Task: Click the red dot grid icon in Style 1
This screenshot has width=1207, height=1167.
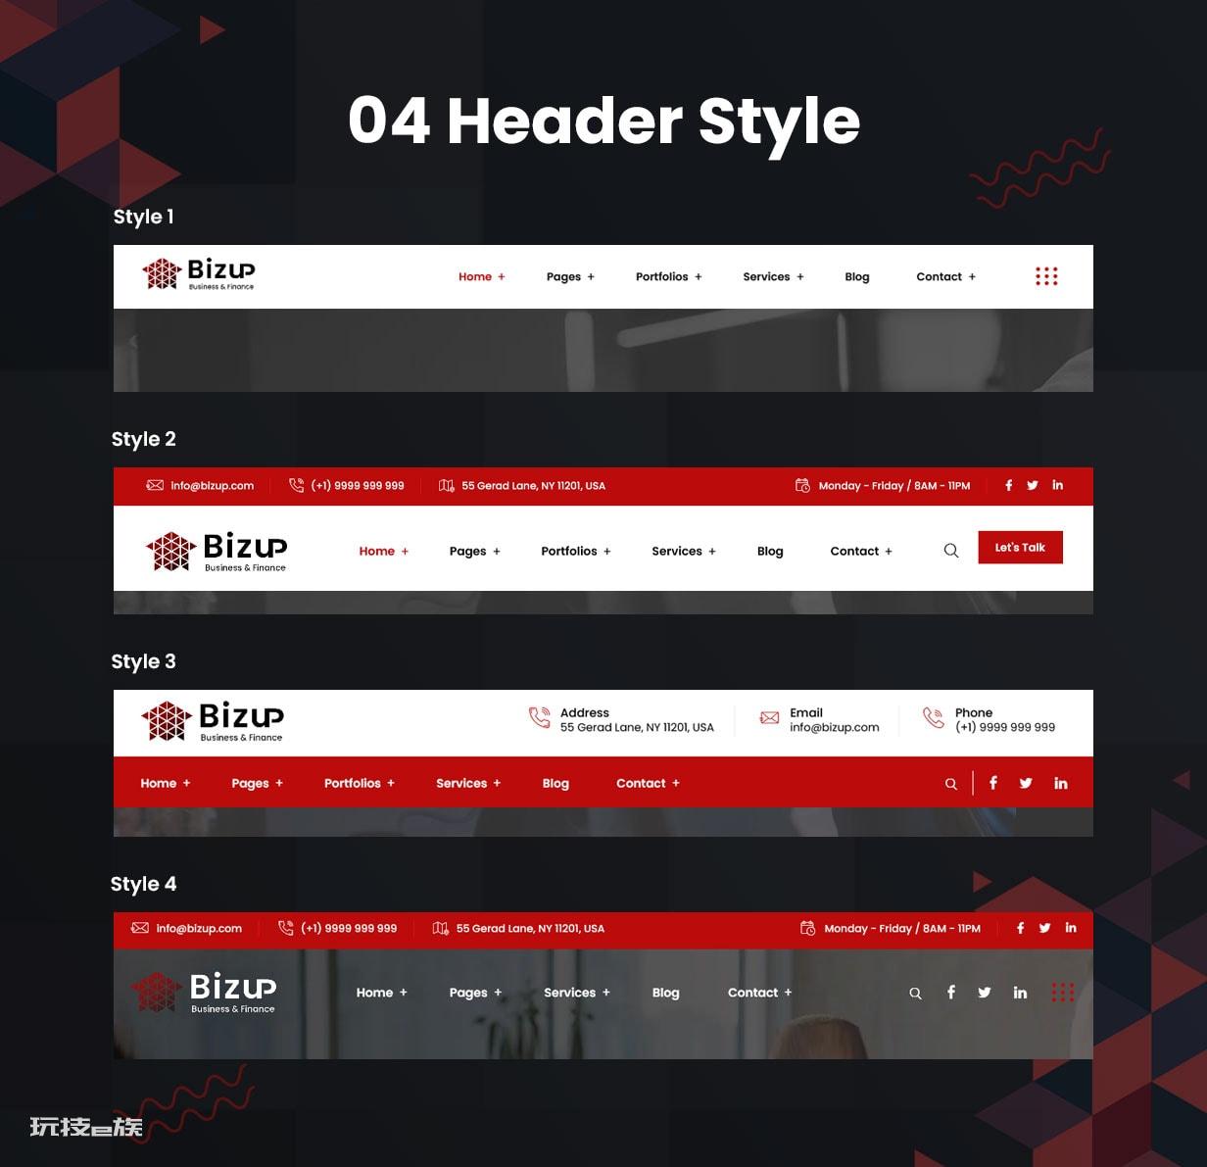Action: point(1046,276)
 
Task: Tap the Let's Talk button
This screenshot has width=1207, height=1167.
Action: point(1020,547)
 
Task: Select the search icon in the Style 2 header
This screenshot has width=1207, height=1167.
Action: point(951,551)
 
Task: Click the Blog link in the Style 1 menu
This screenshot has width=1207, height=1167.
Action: point(857,276)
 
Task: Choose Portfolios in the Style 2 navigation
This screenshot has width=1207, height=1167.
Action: point(569,551)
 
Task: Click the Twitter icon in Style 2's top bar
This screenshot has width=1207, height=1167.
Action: point(1032,485)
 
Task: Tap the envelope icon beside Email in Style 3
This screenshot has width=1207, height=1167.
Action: point(769,718)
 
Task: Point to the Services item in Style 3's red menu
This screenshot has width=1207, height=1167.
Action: point(461,783)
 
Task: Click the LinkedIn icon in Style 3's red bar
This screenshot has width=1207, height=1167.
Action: point(1061,783)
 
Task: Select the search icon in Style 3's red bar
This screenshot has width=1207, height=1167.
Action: point(951,784)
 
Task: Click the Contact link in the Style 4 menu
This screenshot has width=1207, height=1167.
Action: point(752,992)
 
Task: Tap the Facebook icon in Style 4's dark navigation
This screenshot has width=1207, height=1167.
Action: point(951,992)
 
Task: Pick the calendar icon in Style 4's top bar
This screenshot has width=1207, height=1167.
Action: point(807,928)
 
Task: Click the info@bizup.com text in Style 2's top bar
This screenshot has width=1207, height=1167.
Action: point(213,486)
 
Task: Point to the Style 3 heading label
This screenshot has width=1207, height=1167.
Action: point(143,661)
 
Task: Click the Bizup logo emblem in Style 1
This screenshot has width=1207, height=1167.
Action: point(162,273)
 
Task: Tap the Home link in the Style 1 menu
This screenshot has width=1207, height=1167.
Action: point(475,276)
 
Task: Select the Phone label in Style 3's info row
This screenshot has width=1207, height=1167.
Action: point(974,712)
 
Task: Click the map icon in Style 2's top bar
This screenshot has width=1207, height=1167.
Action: point(447,485)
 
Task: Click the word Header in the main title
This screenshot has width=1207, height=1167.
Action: point(564,122)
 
